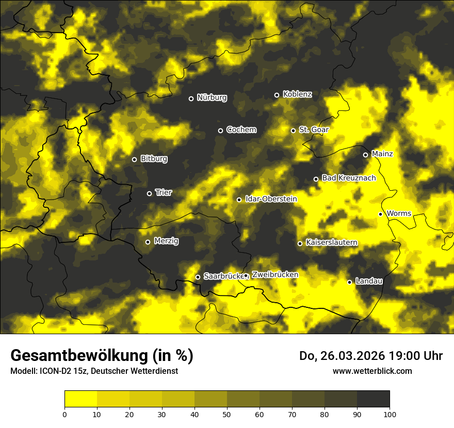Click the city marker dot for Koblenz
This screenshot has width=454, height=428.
(277, 95)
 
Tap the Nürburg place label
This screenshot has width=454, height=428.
(212, 97)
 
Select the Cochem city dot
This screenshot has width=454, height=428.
(220, 130)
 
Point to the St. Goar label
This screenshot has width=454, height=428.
(314, 129)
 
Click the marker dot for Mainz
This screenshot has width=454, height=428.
(365, 155)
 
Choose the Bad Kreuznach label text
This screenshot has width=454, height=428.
(349, 178)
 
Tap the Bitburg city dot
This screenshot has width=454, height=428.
(134, 159)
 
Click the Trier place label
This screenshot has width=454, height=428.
(164, 192)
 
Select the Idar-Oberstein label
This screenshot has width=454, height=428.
(271, 199)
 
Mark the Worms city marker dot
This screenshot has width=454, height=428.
(380, 214)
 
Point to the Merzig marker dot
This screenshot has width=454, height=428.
(148, 242)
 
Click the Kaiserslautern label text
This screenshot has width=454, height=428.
(331, 242)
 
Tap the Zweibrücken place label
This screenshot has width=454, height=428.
(275, 275)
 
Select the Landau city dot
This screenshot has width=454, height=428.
(349, 282)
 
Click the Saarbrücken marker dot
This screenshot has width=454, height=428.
(198, 277)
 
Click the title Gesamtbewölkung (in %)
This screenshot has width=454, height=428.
(102, 356)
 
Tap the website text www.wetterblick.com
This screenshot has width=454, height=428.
(372, 371)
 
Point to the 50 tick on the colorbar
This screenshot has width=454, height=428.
(227, 414)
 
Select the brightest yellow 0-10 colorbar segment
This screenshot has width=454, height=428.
(80, 399)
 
